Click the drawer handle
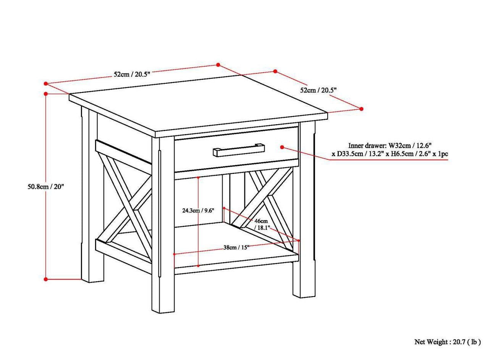coord(238,150)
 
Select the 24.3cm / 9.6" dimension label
coord(198,210)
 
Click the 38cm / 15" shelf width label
coord(236,247)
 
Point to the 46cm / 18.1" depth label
coord(262,224)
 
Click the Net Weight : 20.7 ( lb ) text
coord(447,342)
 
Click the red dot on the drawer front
coord(282,147)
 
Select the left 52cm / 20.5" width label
coord(132,74)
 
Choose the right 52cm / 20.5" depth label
coord(318,90)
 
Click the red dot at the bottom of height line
coord(45,279)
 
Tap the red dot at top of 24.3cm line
coord(198,178)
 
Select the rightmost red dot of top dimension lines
coord(362,109)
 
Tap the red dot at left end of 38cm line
coord(174,254)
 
